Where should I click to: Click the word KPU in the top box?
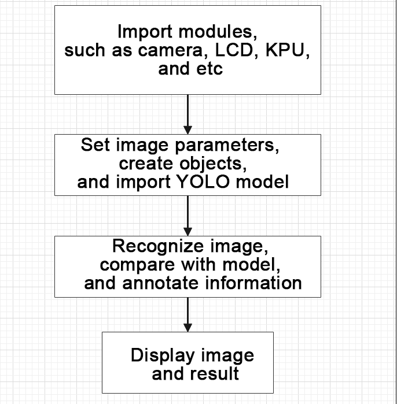[x=288, y=50]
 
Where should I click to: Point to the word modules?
[x=218, y=32]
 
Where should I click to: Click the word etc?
[x=209, y=69]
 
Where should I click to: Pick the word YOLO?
[x=204, y=181]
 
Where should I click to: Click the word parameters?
[x=227, y=146]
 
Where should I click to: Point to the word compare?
[x=137, y=265]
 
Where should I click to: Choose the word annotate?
[x=160, y=283]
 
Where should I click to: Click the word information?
[x=253, y=283]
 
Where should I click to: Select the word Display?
[x=163, y=355]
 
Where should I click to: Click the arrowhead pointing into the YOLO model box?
[x=188, y=130]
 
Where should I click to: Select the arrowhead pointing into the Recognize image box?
[x=188, y=232]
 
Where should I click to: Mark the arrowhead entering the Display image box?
[x=188, y=328]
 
